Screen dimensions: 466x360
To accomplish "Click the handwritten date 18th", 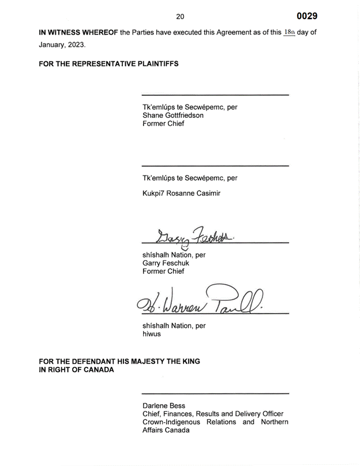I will [x=289, y=32].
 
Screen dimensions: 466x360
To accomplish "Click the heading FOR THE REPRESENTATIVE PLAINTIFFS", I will [x=108, y=64].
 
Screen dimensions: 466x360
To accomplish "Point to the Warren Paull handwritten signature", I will [x=200, y=300].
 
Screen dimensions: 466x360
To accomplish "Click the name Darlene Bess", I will [x=164, y=406].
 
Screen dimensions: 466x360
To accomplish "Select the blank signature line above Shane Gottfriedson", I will [x=215, y=95].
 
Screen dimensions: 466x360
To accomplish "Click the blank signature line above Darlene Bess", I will [x=215, y=393].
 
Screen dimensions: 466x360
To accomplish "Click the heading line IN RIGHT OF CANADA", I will [x=76, y=370].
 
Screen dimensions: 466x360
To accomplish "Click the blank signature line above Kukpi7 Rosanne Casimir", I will [x=215, y=166].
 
